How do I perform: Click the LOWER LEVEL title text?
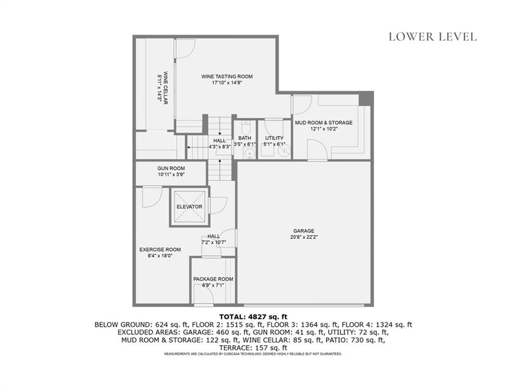coord(432,37)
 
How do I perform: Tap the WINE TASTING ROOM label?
coord(227,77)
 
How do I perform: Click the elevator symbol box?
coord(190,207)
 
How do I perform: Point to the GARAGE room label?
coord(303,231)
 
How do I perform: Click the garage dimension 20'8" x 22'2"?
coord(303,237)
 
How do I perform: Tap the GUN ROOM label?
coord(171,168)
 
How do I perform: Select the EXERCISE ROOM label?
coord(160,249)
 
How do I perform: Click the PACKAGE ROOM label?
coord(213,279)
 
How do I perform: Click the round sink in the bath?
coord(249,153)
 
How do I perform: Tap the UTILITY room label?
coord(274,138)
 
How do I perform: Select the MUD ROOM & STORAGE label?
coord(323,122)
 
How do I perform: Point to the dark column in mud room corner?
coord(365,99)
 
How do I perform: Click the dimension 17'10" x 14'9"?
coord(227,83)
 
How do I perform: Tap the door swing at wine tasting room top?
coord(186,49)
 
